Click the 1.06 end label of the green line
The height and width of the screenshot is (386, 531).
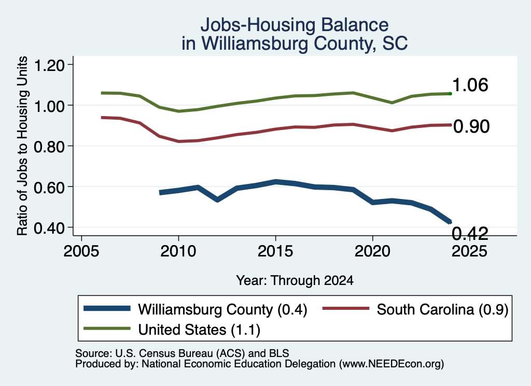click(x=470, y=85)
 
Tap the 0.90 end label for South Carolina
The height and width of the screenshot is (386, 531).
click(x=471, y=126)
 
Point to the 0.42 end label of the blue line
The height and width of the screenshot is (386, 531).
click(x=470, y=234)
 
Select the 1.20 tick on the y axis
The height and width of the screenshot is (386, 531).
click(x=49, y=65)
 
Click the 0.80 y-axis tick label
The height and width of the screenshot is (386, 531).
click(x=49, y=146)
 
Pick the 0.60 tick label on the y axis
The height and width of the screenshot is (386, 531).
click(x=49, y=187)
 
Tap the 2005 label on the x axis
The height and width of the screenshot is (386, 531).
click(x=81, y=251)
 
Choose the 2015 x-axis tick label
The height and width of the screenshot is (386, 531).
click(x=275, y=251)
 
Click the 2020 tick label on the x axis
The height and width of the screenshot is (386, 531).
click(x=372, y=251)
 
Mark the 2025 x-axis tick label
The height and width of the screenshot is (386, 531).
click(x=469, y=251)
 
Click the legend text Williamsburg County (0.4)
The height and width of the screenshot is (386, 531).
click(x=222, y=309)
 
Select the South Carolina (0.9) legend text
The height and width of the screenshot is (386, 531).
click(x=443, y=309)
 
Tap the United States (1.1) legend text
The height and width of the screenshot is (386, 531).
click(x=199, y=330)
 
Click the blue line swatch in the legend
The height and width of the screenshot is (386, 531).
click(x=107, y=308)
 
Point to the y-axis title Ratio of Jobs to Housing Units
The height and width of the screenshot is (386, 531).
click(x=22, y=146)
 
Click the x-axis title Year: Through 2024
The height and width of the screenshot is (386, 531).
click(x=295, y=280)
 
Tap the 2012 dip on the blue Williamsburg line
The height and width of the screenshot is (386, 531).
click(x=217, y=199)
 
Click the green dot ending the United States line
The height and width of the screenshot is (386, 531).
click(x=450, y=93)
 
